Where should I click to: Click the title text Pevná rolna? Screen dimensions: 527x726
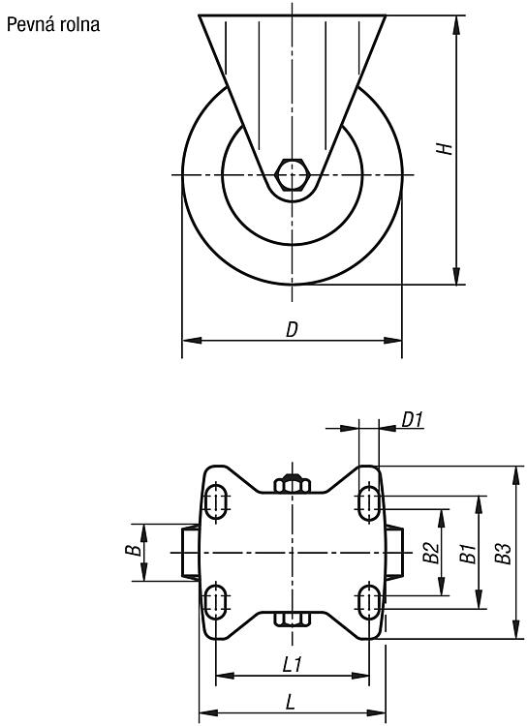[53, 24]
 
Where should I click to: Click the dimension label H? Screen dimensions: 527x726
[445, 148]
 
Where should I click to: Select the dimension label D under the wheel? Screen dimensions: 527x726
[292, 330]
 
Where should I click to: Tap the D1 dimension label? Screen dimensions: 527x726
[412, 419]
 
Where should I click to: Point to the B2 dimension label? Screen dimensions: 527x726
[431, 553]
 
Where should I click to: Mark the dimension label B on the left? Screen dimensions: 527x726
[134, 550]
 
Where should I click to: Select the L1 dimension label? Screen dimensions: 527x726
[292, 665]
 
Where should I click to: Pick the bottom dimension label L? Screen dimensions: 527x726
[291, 703]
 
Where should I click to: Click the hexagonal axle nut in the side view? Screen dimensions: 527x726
[292, 174]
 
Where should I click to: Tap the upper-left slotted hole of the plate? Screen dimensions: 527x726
[216, 501]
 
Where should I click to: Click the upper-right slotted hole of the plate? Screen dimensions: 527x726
[369, 501]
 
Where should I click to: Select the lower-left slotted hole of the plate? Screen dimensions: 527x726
[216, 601]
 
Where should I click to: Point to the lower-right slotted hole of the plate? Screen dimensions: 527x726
[369, 601]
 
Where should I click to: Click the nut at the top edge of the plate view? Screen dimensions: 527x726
[292, 484]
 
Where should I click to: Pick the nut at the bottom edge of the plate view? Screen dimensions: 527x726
[292, 619]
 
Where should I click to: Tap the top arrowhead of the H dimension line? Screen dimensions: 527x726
[457, 24]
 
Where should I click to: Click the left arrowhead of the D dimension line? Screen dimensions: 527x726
[192, 341]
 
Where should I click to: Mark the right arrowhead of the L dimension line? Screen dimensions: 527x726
[377, 712]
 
